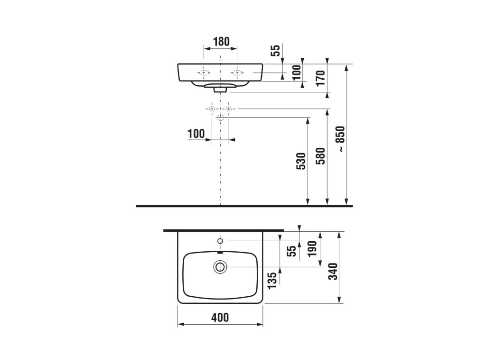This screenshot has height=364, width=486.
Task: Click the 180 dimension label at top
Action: click(221, 41)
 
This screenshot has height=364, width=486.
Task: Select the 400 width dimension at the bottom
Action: click(219, 317)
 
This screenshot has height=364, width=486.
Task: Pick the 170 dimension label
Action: click(320, 78)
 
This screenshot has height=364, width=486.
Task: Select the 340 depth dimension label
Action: click(334, 271)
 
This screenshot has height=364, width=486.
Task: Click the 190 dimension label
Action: click(312, 248)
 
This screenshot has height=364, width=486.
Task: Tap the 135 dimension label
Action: click(272, 281)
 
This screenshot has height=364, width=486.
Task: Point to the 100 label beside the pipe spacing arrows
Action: click(196, 134)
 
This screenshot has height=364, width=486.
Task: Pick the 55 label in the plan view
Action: click(293, 250)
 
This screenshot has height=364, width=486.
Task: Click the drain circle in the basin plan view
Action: click(220, 267)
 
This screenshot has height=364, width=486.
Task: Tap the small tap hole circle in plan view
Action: click(220, 241)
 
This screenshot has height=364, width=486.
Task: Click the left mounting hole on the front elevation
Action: click(204, 73)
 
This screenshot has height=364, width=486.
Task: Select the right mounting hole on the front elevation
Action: click(237, 73)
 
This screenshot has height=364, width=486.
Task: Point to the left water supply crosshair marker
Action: click(212, 109)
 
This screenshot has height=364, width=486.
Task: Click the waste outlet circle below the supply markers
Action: click(220, 117)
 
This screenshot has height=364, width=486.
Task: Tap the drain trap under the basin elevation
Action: click(220, 88)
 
